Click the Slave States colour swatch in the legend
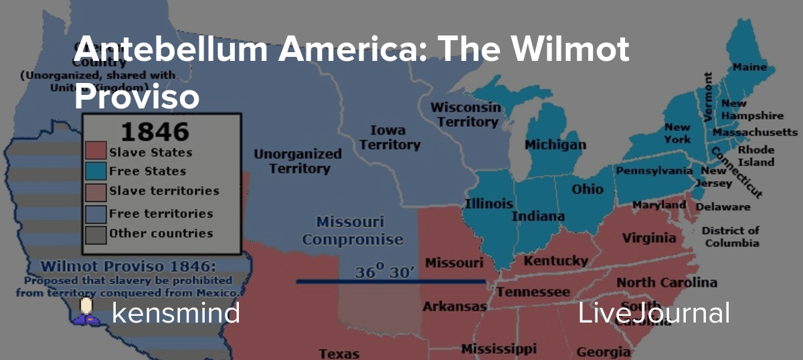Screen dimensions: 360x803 [x=96, y=152]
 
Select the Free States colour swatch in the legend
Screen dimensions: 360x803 [x=96, y=171]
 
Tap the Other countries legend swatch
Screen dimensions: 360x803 [x=96, y=234]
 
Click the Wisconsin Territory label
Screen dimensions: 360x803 [x=465, y=114]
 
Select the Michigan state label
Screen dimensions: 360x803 [x=555, y=145]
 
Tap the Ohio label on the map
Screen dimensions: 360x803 [x=588, y=189]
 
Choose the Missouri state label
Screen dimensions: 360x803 [x=454, y=262]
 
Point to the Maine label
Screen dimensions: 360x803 [x=750, y=67]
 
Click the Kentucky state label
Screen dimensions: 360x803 [x=555, y=261]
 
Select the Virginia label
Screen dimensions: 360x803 [x=648, y=238]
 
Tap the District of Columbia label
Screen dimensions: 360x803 [x=730, y=236]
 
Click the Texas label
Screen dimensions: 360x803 [x=339, y=353]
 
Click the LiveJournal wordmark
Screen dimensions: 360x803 [x=654, y=312]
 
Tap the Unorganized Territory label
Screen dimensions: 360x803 [x=297, y=161]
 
